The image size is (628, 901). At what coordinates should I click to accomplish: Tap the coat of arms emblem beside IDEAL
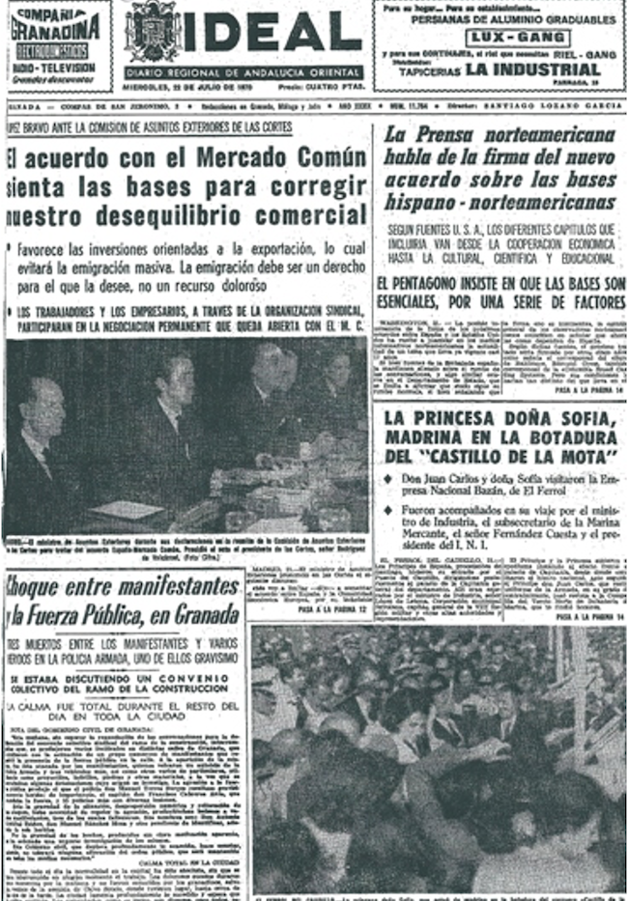[x=153, y=31]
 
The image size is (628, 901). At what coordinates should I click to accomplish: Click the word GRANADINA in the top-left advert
[x=57, y=29]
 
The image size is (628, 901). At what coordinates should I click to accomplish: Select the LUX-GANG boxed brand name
[x=502, y=35]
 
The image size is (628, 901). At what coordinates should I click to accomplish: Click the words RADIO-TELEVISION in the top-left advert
[x=55, y=69]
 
